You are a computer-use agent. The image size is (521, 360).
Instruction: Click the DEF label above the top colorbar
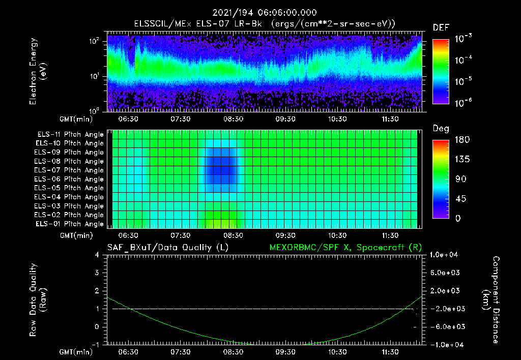(441, 27)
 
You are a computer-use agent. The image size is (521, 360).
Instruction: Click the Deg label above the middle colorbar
(440, 129)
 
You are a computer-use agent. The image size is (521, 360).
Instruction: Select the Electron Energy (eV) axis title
(38, 71)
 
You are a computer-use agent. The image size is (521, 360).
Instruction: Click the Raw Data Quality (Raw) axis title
(38, 299)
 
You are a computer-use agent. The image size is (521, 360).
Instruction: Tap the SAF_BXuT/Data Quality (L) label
(167, 247)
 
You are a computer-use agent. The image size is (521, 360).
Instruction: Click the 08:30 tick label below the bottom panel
(234, 351)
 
